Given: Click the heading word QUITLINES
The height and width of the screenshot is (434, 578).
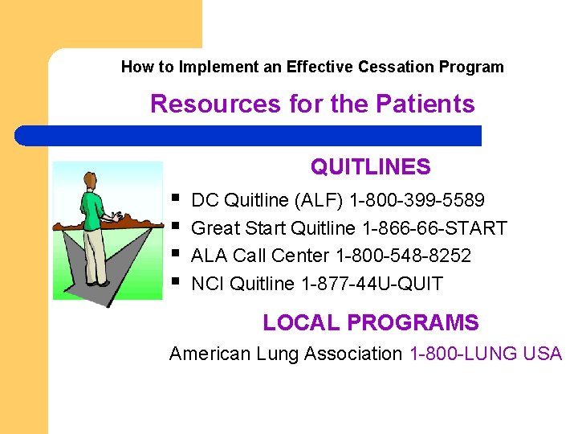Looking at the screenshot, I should coord(370,167).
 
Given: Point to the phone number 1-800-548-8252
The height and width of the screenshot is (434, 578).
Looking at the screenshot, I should coord(403,256).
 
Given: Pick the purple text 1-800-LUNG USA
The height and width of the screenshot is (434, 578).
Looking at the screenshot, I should coord(486,354).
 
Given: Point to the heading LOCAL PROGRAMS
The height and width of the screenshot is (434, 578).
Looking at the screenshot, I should coord(370,323).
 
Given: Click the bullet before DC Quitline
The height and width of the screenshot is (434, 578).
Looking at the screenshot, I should coord(176,197).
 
